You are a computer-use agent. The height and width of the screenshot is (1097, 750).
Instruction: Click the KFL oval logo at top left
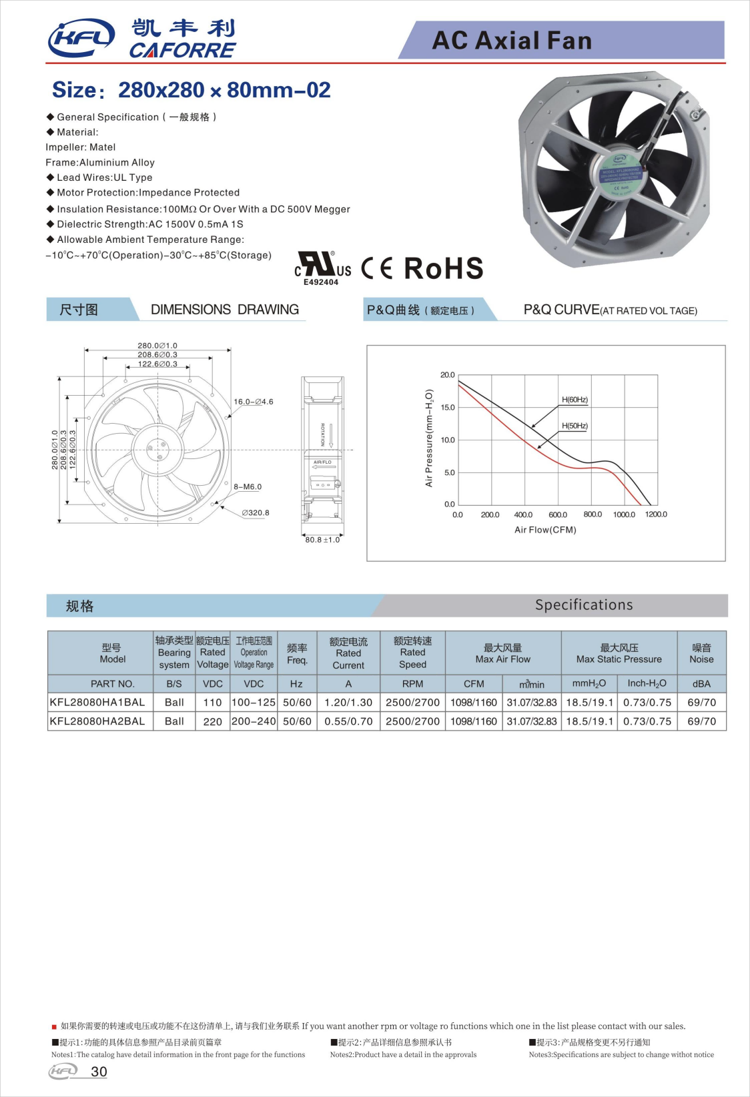coord(81,38)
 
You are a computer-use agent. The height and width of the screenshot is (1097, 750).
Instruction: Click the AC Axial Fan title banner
coord(512,41)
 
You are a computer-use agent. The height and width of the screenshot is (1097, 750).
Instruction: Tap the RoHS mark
coord(444,268)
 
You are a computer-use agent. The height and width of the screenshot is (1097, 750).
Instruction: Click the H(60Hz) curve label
coord(575,400)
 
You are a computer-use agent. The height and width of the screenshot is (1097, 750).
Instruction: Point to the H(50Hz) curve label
coord(575,426)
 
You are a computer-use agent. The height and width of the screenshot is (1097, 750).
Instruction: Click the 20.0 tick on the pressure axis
coord(447,375)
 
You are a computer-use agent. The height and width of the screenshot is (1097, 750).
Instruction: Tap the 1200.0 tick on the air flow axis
coord(656,514)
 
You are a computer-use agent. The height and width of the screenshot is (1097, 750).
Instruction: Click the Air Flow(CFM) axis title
coord(545,530)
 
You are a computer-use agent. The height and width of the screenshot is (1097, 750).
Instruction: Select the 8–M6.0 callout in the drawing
coord(248,487)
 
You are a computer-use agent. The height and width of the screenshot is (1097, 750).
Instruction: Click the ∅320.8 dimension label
coord(256,513)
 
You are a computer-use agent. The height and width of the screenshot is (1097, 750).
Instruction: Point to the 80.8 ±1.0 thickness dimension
coord(323,540)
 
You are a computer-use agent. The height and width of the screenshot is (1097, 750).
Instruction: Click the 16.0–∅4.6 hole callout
coord(254,402)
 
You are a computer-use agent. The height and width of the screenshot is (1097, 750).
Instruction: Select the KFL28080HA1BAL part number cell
coord(97,702)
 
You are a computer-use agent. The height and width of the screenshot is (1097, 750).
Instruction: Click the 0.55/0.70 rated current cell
coord(348,721)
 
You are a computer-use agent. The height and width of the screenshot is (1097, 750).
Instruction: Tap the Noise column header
coord(701,653)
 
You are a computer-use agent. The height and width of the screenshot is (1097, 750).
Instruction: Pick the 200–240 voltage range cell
coord(254,721)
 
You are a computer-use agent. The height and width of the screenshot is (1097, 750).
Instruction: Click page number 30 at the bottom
coord(99,1072)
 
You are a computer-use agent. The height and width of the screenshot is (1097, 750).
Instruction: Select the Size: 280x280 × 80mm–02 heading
coord(192,90)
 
